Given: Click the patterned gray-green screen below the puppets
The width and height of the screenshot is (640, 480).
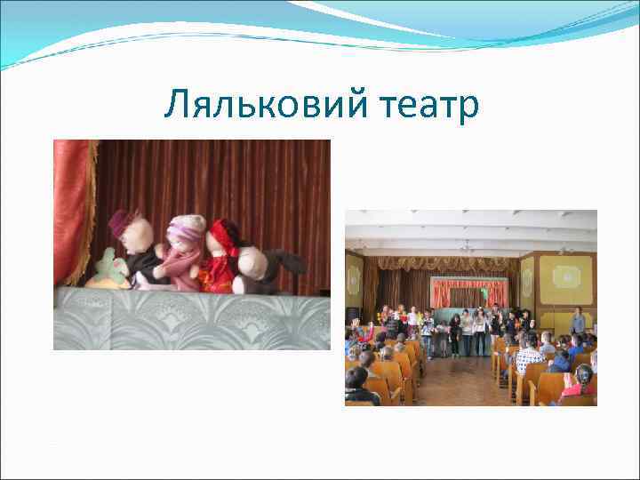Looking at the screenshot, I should (x=191, y=320).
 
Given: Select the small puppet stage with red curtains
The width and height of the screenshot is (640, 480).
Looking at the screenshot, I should (x=469, y=292).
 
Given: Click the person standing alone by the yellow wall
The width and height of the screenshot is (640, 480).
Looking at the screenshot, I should (x=578, y=322).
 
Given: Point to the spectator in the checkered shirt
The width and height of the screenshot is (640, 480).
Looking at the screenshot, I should (x=529, y=356).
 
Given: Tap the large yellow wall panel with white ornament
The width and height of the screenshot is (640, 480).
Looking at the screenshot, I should (x=565, y=278).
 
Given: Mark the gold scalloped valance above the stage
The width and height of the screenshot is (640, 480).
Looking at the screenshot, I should (x=444, y=263).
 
